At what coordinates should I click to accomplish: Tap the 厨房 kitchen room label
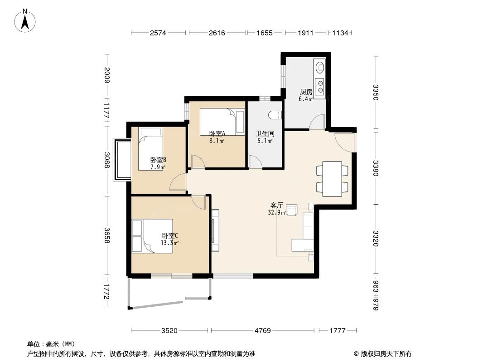point(306,92)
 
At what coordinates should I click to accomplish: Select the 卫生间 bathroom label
point(264,134)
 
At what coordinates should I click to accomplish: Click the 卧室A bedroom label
point(217,133)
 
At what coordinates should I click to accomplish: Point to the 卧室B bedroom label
point(158,160)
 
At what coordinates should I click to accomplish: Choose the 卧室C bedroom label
point(169,235)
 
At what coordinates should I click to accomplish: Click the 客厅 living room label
point(277,205)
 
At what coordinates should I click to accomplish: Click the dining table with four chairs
point(332,179)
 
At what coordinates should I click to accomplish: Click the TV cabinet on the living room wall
point(215,230)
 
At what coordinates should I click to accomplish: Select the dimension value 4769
point(262,330)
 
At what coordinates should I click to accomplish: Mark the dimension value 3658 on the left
point(107,235)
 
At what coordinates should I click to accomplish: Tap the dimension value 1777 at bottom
point(337,330)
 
